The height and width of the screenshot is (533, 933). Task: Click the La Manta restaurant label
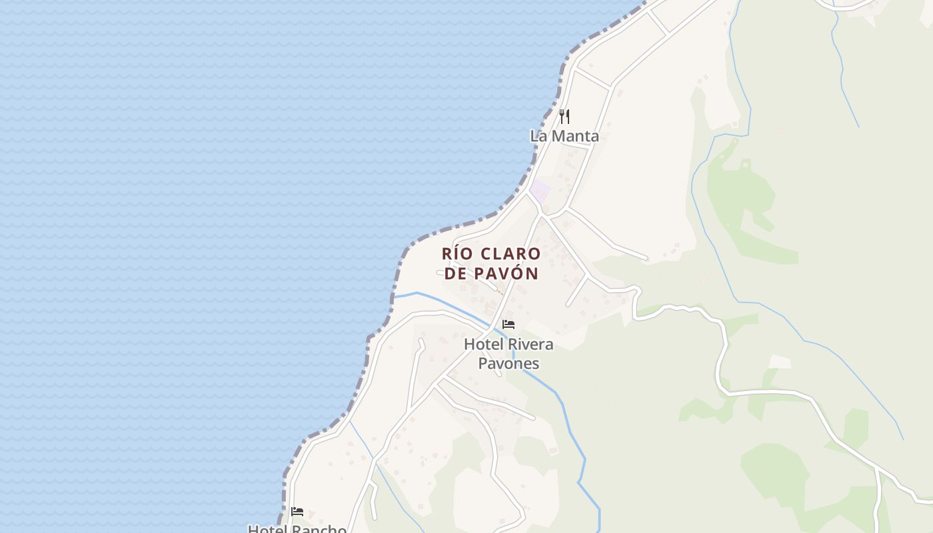tap(564, 136)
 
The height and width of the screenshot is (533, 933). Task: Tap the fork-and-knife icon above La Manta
tap(564, 117)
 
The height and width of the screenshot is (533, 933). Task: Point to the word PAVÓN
tap(506, 273)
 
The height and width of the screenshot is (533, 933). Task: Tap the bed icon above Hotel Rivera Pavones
tap(508, 324)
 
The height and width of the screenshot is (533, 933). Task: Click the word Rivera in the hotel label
tap(530, 344)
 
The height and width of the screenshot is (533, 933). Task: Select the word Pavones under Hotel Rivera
tap(508, 363)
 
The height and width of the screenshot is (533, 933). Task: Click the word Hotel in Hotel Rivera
tap(484, 344)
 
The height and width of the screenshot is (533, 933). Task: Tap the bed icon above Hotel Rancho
tap(297, 512)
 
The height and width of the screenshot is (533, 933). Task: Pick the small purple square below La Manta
tap(540, 189)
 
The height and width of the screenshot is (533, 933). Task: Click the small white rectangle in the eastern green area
tap(780, 362)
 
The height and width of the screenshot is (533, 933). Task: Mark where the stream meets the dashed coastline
tap(393, 297)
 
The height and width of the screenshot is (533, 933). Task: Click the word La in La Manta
tap(537, 136)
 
